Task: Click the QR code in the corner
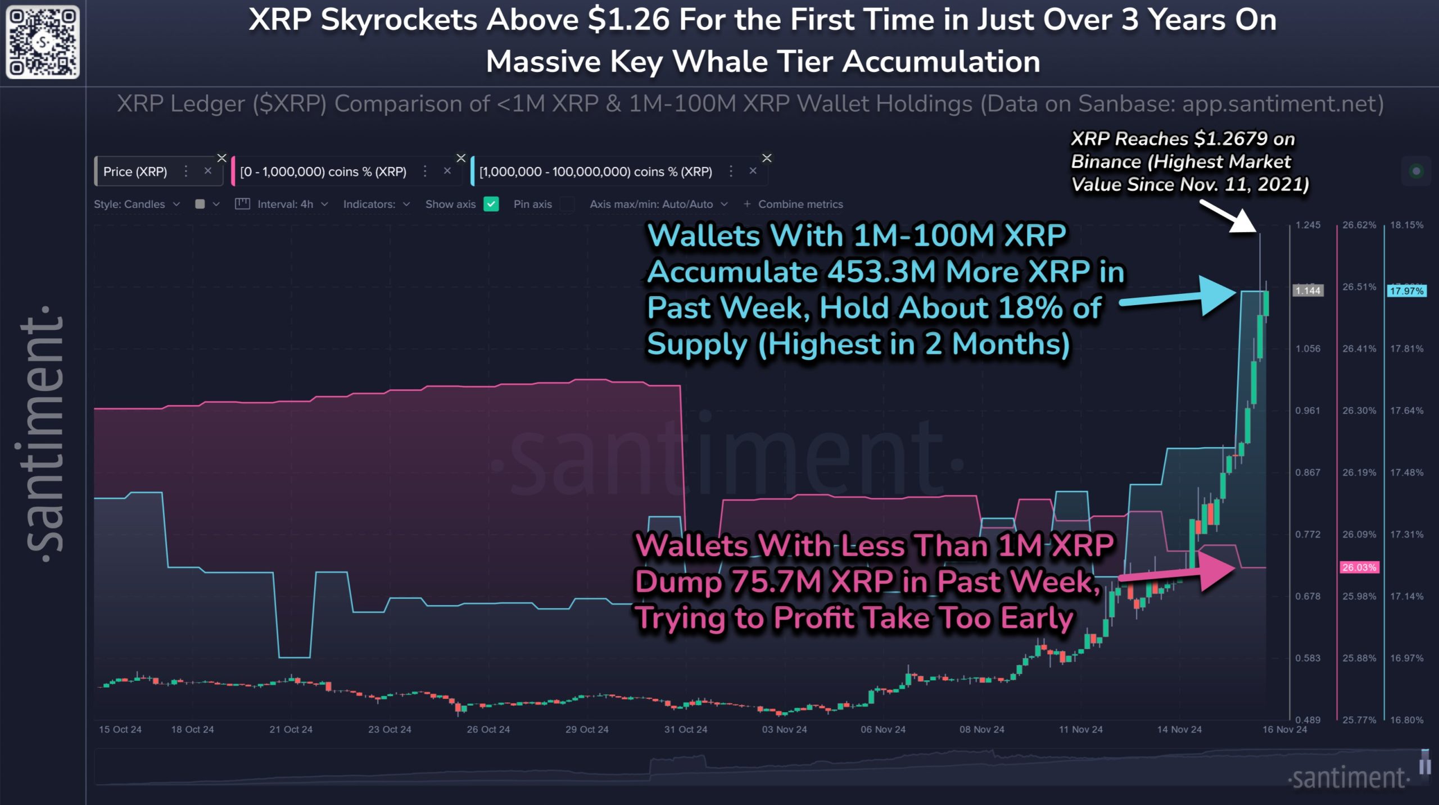coord(43,42)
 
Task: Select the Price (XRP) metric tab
coord(135,172)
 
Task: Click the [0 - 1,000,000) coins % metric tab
coord(323,172)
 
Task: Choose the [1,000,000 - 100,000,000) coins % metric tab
coord(595,172)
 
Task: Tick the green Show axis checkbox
coord(491,204)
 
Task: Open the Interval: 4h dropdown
coord(285,204)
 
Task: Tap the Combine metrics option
coord(794,204)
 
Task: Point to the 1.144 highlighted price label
coord(1307,290)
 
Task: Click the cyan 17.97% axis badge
coord(1406,291)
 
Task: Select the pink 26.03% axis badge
coord(1359,567)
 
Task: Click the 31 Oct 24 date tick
coord(686,730)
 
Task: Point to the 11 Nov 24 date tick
coord(1080,730)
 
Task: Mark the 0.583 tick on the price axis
coord(1307,658)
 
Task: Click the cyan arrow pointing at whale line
coord(1180,297)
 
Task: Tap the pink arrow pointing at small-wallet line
coord(1180,572)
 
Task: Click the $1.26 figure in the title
coord(628,20)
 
